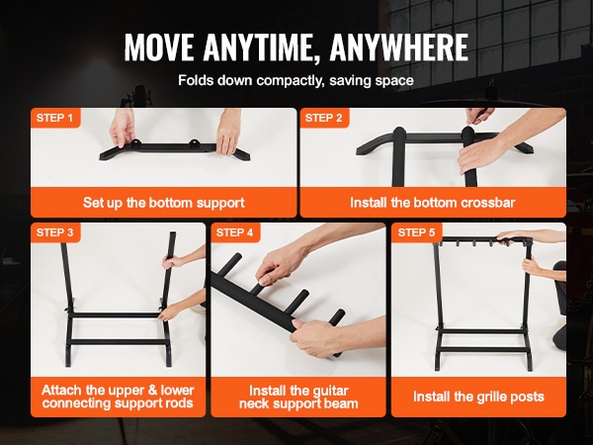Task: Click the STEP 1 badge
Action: click(x=55, y=118)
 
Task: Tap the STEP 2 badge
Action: click(x=324, y=118)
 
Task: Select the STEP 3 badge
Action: click(x=55, y=232)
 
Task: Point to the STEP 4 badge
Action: click(x=235, y=232)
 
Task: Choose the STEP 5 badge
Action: click(x=416, y=232)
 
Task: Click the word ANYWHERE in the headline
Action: click(x=399, y=47)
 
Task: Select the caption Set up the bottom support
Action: click(x=164, y=203)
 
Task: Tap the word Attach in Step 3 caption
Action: click(x=62, y=391)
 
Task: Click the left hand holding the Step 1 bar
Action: click(x=122, y=128)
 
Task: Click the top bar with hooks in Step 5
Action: click(x=483, y=240)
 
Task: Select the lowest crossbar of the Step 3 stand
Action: click(x=118, y=342)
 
